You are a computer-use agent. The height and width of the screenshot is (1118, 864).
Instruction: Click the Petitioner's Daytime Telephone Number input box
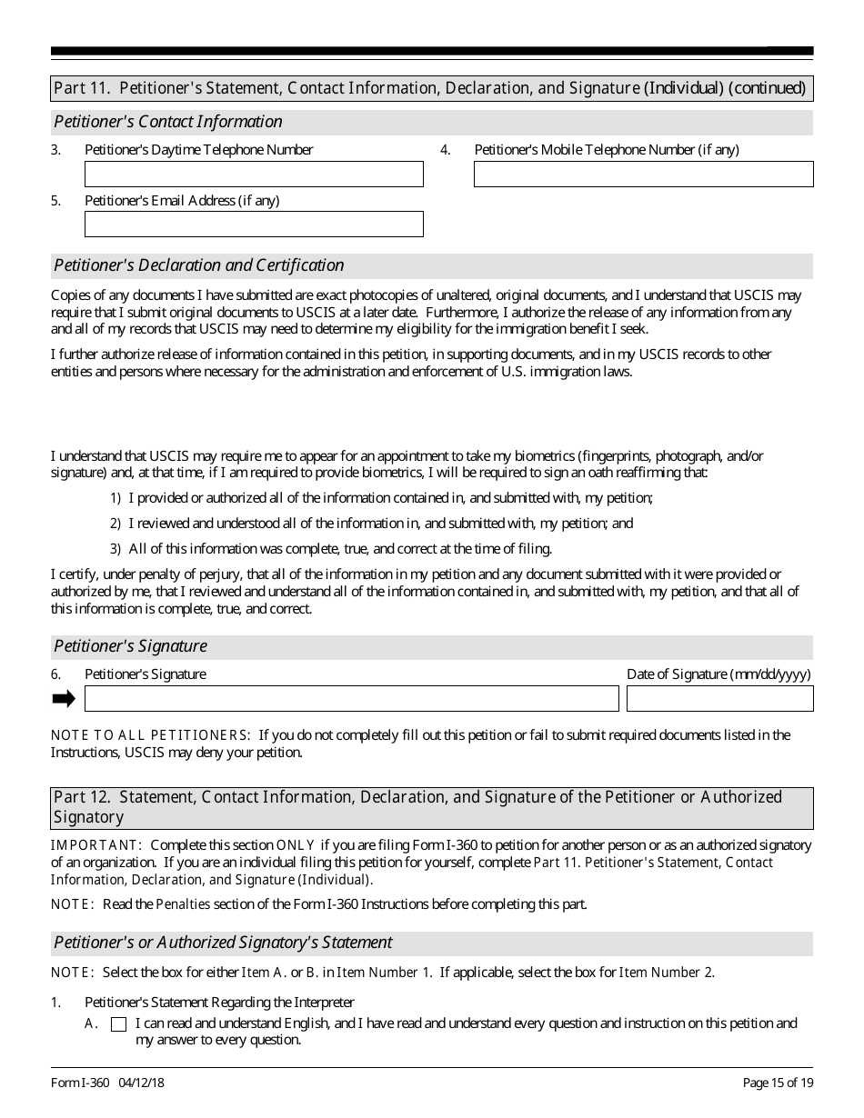254,174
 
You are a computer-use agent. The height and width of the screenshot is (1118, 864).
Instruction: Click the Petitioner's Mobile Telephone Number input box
643,174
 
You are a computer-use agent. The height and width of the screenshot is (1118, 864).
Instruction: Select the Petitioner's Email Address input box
254,224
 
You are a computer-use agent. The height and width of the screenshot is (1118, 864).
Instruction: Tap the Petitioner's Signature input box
351,698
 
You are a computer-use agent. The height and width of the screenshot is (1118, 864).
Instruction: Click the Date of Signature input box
719,698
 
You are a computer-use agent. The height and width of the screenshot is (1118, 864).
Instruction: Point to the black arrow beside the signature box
64,698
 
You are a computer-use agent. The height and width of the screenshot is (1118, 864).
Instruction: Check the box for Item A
118,1024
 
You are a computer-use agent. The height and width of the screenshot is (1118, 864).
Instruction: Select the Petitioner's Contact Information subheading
168,122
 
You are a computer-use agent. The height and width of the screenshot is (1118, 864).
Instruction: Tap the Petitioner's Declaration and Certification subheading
199,265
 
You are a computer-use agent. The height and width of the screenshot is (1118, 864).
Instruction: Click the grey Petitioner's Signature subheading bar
431,646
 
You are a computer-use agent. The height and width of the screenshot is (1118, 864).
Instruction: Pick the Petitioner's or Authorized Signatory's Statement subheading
223,943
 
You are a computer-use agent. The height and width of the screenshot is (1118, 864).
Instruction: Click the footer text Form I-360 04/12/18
107,1083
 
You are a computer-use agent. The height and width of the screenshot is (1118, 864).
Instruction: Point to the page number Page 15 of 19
778,1083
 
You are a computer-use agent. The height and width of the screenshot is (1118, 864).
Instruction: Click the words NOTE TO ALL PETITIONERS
150,735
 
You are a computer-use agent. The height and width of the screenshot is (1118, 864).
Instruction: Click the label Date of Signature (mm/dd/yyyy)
718,674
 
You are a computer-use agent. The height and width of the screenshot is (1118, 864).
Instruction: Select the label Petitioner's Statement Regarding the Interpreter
219,1003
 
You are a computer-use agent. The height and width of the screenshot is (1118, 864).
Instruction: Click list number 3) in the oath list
116,549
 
